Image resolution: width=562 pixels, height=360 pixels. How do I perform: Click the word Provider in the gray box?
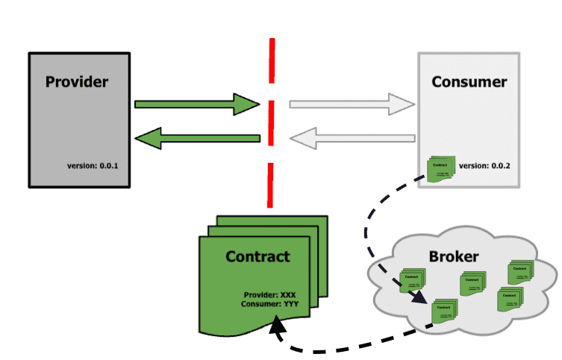point(77,81)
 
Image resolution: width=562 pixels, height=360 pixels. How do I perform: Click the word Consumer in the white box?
point(469,81)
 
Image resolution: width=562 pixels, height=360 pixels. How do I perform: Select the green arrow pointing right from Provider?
point(196,105)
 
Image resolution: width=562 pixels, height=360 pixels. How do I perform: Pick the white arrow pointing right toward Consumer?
point(351,105)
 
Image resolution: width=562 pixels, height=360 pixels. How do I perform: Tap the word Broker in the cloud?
point(453,257)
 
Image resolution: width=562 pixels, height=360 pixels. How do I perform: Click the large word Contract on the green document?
point(257,257)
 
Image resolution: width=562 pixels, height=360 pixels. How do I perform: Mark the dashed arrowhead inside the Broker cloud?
point(419,301)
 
